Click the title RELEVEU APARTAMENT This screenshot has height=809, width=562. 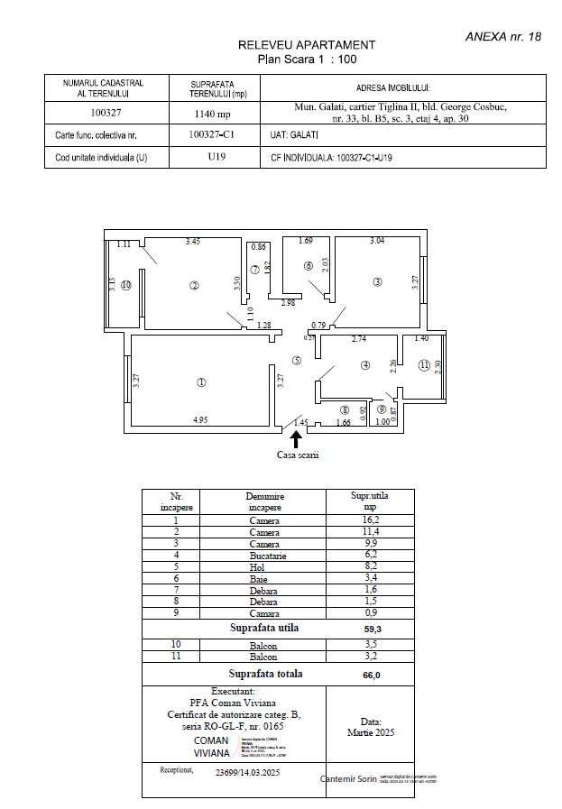[x=306, y=44]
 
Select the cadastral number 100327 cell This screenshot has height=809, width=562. [x=106, y=114]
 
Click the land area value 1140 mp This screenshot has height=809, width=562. [x=213, y=114]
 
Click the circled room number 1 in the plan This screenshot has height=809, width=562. [x=201, y=382]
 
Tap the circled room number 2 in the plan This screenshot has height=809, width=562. [x=194, y=286]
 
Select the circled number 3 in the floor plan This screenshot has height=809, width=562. [x=378, y=282]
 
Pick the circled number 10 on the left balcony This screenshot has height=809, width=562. [x=126, y=285]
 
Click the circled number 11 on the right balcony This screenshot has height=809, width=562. [x=425, y=365]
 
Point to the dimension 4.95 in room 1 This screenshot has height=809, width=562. [x=201, y=419]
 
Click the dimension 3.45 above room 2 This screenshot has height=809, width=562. [x=192, y=242]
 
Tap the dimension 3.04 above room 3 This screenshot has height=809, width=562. [x=377, y=241]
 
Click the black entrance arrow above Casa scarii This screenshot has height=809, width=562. [x=297, y=438]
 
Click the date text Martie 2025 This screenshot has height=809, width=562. [x=370, y=732]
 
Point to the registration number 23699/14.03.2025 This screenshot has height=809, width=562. [x=248, y=773]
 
